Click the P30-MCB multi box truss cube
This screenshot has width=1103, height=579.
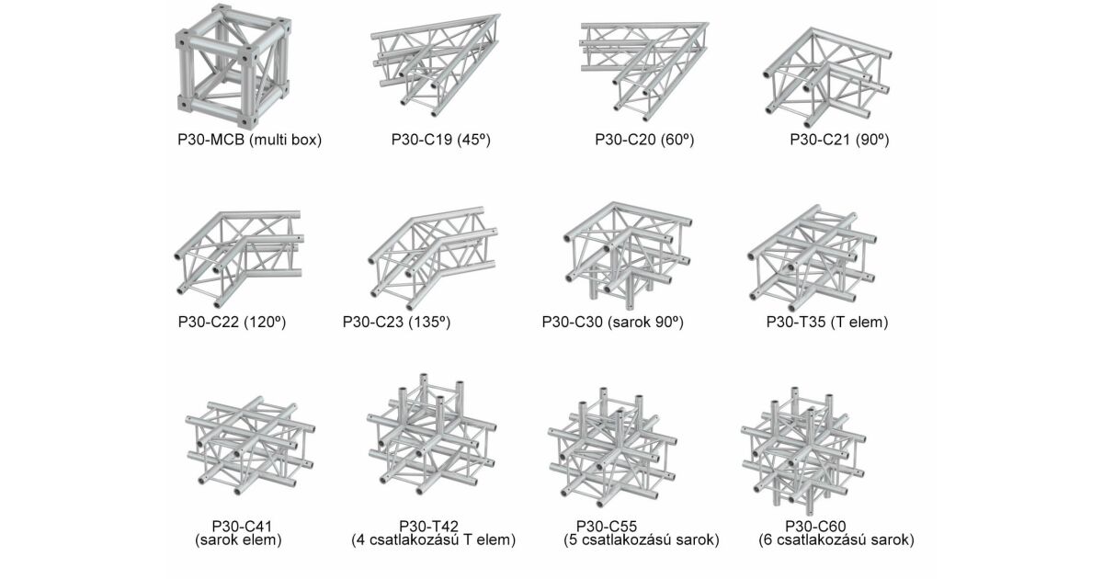pos(233,66)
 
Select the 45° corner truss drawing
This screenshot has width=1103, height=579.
pos(436,65)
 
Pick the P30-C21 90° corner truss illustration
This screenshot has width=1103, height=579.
pos(827,77)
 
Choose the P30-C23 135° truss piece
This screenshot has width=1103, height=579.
pos(433,258)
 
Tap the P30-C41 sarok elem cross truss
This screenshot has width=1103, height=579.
pos(250,446)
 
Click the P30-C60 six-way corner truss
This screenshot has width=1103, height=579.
pos(803,450)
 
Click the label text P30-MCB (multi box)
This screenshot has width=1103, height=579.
pos(250,140)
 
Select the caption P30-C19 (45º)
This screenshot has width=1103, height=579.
pos(441,140)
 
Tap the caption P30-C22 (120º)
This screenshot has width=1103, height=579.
pos(232,322)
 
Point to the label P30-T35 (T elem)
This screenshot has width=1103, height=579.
pos(827,322)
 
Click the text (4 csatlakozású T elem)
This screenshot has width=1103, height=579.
pos(433,540)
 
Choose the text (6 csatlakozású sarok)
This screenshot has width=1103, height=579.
pos(836,540)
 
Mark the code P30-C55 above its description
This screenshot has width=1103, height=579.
pos(607,527)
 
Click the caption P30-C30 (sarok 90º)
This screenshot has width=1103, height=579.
pos(613,322)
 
